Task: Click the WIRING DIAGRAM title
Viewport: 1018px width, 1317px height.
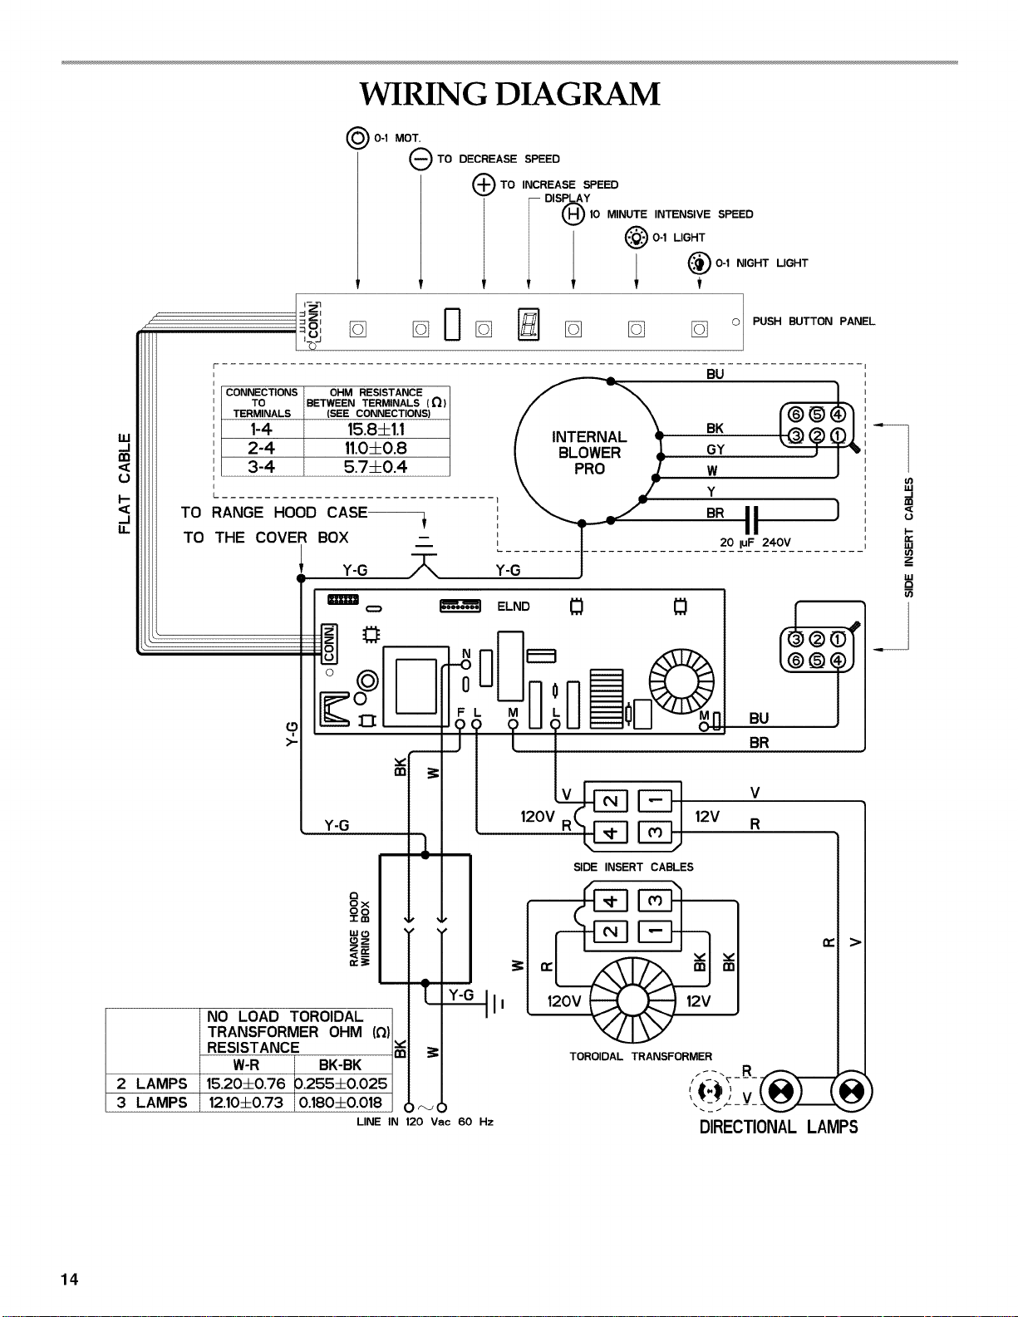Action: click(509, 95)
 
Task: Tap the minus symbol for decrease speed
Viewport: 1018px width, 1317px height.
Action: click(420, 160)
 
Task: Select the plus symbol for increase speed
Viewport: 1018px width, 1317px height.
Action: click(484, 184)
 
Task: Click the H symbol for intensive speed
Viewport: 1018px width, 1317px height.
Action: click(573, 214)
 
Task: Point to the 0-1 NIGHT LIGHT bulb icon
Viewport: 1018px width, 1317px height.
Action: click(699, 263)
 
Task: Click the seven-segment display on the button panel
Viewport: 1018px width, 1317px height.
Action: click(529, 324)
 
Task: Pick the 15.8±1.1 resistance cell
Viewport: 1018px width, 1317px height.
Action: click(376, 429)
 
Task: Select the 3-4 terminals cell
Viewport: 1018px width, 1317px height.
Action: click(262, 467)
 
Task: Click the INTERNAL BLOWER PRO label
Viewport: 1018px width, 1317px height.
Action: click(589, 453)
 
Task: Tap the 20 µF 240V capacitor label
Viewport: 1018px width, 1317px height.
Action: click(755, 543)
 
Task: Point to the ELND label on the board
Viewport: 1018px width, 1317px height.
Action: click(514, 607)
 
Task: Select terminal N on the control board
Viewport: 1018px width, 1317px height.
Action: click(466, 665)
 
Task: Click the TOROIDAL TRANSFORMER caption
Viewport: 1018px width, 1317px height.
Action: click(641, 1056)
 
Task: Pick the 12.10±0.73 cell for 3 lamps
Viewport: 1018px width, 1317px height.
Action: click(247, 1103)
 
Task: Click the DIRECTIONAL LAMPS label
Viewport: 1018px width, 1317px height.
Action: click(779, 1128)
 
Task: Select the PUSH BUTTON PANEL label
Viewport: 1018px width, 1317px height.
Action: click(814, 322)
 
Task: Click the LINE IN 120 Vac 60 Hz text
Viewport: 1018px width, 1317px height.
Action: click(425, 1122)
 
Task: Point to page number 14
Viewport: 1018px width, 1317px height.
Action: click(69, 1280)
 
